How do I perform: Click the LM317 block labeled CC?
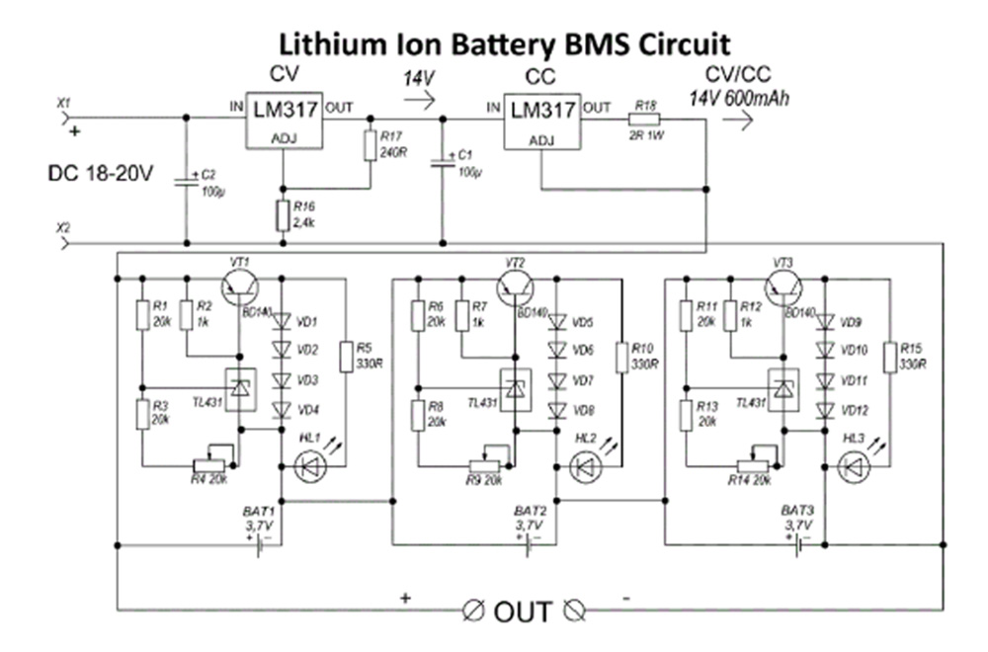click(x=541, y=121)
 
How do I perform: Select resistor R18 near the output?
click(x=645, y=121)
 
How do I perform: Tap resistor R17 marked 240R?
click(x=370, y=144)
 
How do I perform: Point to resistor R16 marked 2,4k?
click(x=283, y=213)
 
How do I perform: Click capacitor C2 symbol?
click(x=185, y=181)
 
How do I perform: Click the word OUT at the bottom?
click(x=523, y=611)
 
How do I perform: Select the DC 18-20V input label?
click(x=100, y=174)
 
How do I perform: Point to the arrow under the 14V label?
click(x=419, y=99)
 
